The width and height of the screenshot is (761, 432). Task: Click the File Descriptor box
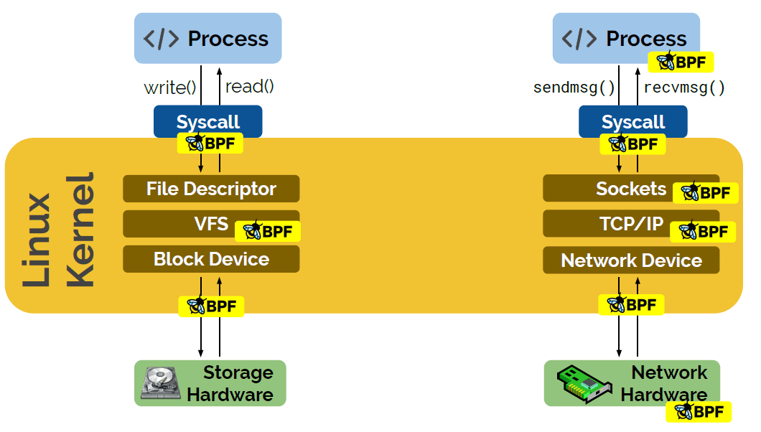click(x=211, y=189)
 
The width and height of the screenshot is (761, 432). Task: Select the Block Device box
click(x=211, y=259)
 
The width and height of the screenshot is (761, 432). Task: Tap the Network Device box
click(x=631, y=260)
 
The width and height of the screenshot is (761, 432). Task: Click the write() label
click(x=170, y=88)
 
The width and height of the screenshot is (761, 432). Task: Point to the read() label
click(x=250, y=87)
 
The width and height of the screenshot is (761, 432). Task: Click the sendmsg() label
click(x=574, y=88)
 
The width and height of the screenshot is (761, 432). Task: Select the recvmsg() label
click(x=684, y=88)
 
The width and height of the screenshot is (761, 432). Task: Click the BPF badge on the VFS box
click(x=268, y=231)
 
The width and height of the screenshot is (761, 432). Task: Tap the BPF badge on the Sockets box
click(x=706, y=192)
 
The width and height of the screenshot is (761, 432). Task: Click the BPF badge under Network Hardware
click(x=699, y=412)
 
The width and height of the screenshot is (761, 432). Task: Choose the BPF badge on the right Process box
click(x=680, y=62)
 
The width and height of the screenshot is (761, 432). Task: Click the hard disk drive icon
click(x=161, y=383)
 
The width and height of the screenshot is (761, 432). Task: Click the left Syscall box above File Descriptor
click(x=208, y=121)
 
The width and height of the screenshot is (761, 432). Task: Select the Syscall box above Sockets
click(x=633, y=121)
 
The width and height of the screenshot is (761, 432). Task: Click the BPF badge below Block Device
click(x=211, y=306)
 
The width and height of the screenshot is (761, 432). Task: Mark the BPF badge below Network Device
click(x=631, y=304)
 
